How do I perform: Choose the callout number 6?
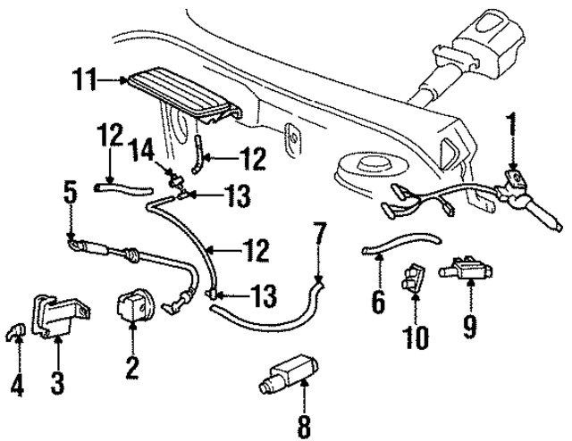click(x=377, y=301)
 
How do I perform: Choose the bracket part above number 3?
click(x=57, y=315)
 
